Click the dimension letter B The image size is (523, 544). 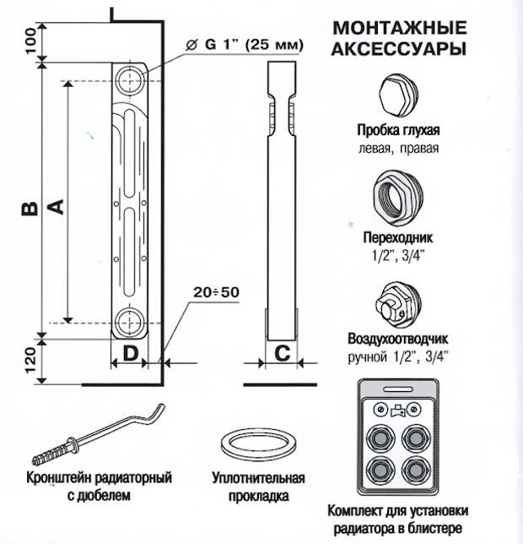28,209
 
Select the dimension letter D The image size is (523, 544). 130,353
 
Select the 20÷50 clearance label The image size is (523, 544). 215,293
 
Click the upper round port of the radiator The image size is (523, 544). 132,80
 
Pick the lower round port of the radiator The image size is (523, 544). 131,322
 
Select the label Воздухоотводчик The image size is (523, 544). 399,340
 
